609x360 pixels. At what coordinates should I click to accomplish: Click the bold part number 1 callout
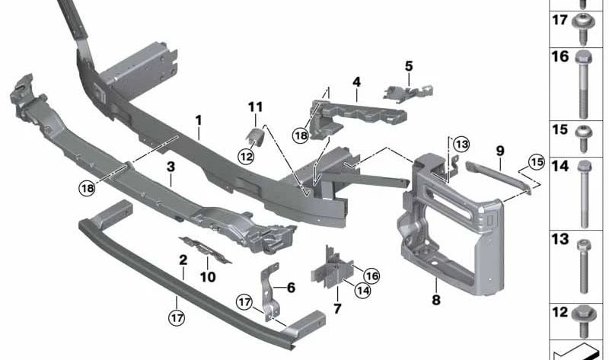tap(199, 120)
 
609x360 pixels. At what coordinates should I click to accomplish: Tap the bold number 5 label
tap(409, 66)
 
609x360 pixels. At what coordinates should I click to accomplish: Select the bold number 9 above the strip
tap(500, 151)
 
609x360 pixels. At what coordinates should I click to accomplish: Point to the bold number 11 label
tap(255, 107)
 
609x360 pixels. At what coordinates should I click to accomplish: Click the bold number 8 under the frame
tap(436, 300)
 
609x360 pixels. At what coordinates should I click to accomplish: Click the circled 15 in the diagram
tap(537, 162)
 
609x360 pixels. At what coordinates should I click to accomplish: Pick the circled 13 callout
tap(461, 145)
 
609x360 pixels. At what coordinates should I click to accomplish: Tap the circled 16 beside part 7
tap(371, 276)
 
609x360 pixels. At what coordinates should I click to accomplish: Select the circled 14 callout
tap(362, 290)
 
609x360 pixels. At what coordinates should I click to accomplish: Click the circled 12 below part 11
tap(246, 157)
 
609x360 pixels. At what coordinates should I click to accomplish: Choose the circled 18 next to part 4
tap(301, 135)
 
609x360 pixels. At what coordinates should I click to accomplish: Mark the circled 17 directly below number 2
tap(177, 318)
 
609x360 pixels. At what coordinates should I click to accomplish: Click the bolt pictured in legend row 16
tap(583, 85)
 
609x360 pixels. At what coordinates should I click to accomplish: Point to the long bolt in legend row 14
tap(584, 194)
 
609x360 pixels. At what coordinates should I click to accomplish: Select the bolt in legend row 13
tap(583, 266)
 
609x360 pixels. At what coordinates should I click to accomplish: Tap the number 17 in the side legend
tap(560, 20)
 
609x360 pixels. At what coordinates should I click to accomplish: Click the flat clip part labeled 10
tap(205, 250)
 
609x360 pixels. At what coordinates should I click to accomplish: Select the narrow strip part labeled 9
tap(499, 176)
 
